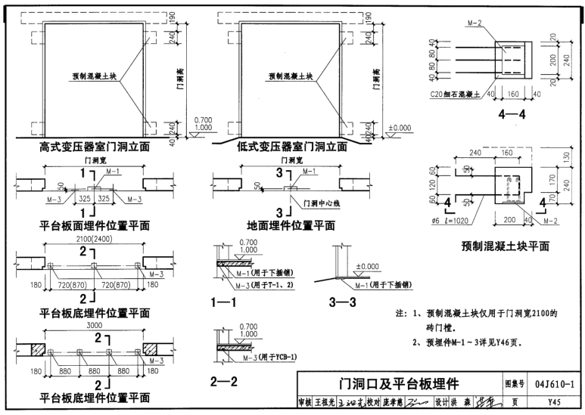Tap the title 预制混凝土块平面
[x=505, y=246]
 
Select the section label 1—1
[x=226, y=303]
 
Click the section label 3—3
[x=344, y=303]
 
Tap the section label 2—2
[x=226, y=382]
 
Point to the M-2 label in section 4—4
[x=475, y=23]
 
